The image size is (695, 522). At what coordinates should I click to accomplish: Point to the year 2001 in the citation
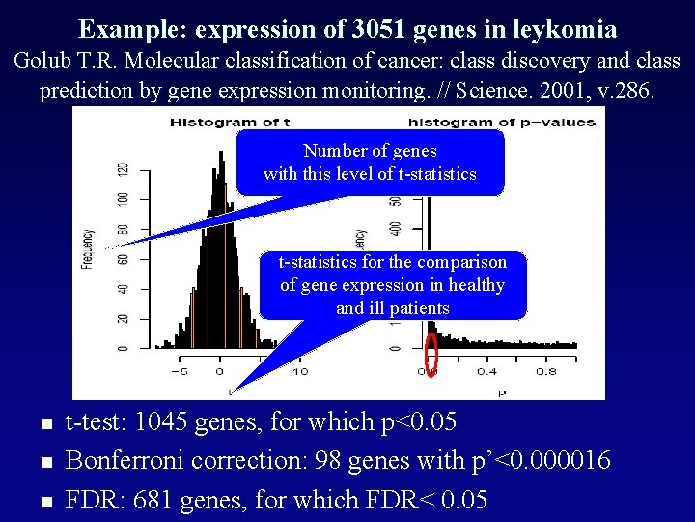click(570, 92)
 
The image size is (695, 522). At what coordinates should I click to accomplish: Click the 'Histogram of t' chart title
click(219, 122)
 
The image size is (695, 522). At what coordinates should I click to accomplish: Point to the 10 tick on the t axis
click(299, 371)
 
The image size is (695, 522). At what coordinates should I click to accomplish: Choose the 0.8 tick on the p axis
click(546, 371)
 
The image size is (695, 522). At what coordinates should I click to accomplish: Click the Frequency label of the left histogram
click(88, 248)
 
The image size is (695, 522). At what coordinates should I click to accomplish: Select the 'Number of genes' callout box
click(370, 162)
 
